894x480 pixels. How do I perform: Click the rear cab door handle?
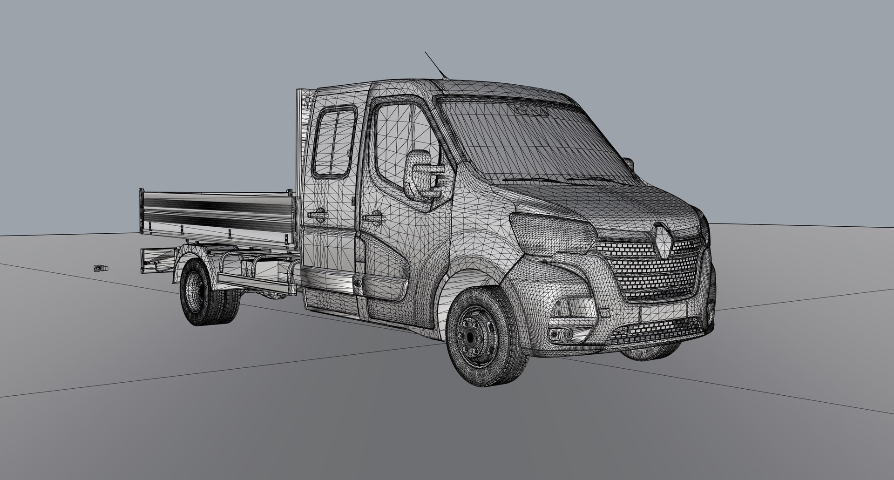click(316, 214)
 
